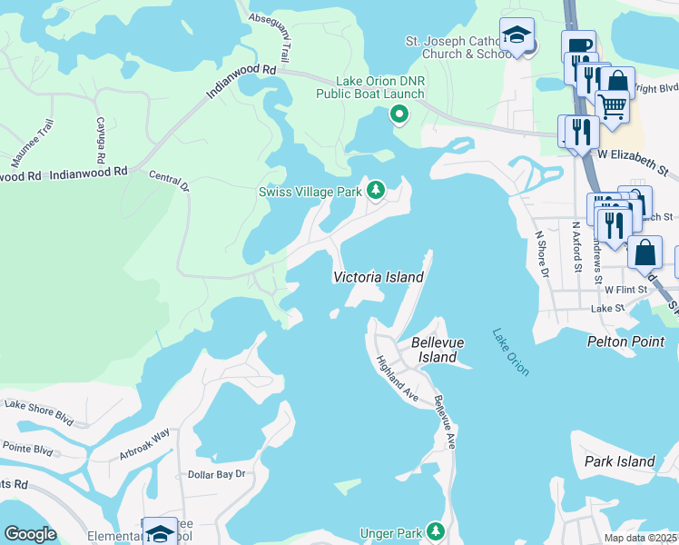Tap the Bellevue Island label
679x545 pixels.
coord(433,350)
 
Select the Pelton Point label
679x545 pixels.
coord(626,342)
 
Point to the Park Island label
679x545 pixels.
coord(620,461)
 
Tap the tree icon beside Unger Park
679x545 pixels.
coord(437,530)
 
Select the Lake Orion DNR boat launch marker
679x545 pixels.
coord(398,114)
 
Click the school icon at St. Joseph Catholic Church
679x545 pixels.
coord(517,35)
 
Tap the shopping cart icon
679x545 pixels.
coord(612,105)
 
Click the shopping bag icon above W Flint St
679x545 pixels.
coord(645,252)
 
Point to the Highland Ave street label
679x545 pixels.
coord(397,379)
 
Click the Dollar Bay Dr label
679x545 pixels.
coord(216,474)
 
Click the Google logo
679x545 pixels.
coord(30,534)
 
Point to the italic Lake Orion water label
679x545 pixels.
coord(511,352)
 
